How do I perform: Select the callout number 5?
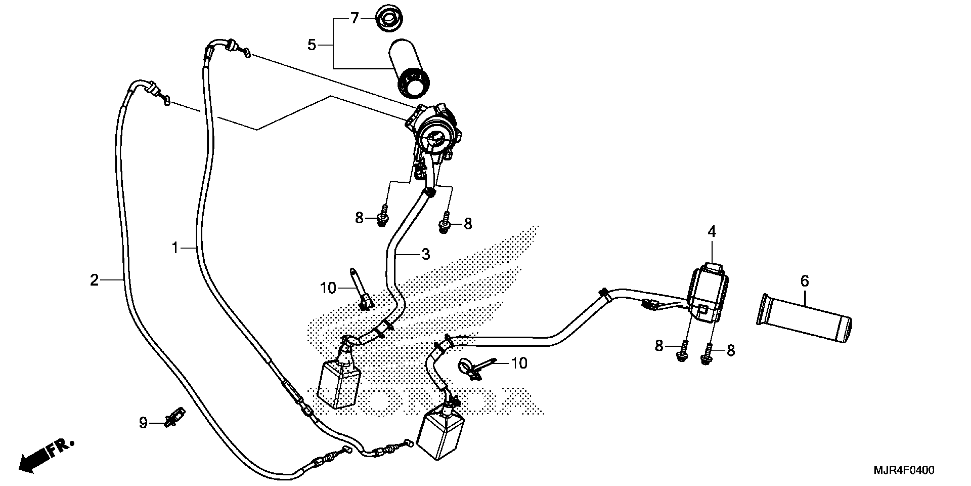pos(311,45)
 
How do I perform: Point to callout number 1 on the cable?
pos(175,248)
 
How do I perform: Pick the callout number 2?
pos(94,280)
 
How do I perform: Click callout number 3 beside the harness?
pos(426,254)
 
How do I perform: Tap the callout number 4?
pos(711,232)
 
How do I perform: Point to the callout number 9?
pos(143,423)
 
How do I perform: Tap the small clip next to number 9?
pos(174,417)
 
